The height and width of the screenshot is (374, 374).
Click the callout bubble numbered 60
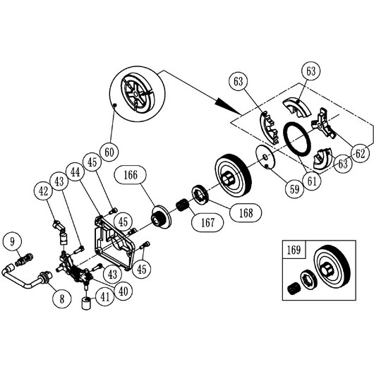click(x=109, y=152)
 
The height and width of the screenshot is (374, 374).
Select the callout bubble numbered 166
click(x=131, y=175)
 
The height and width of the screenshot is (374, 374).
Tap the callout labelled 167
click(x=207, y=223)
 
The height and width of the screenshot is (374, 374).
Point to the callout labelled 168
click(x=246, y=212)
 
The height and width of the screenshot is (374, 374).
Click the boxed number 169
click(x=294, y=250)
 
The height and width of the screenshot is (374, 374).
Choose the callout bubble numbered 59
click(x=294, y=190)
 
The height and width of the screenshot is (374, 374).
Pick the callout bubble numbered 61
click(x=312, y=181)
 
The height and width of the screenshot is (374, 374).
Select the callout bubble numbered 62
click(x=360, y=154)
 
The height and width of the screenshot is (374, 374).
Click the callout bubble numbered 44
click(x=76, y=171)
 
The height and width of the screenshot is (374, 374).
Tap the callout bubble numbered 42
click(x=43, y=191)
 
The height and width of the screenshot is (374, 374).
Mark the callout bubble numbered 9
click(x=13, y=241)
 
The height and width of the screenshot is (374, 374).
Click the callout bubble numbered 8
click(x=62, y=298)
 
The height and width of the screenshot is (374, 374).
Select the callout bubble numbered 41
click(x=105, y=297)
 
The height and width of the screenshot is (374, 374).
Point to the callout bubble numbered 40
click(x=123, y=291)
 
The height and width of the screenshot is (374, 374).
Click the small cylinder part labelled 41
click(x=86, y=303)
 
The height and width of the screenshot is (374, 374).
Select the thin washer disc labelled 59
click(x=265, y=157)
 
